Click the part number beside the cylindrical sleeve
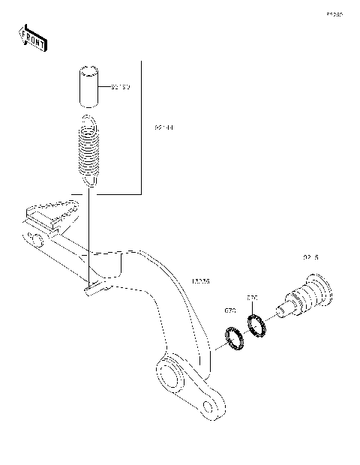pos(121,88)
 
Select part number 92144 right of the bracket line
pos(164,128)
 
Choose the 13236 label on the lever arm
pos(201,281)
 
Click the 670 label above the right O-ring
pos(253,298)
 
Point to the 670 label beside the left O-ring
pos(230,309)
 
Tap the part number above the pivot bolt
pos(310,257)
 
